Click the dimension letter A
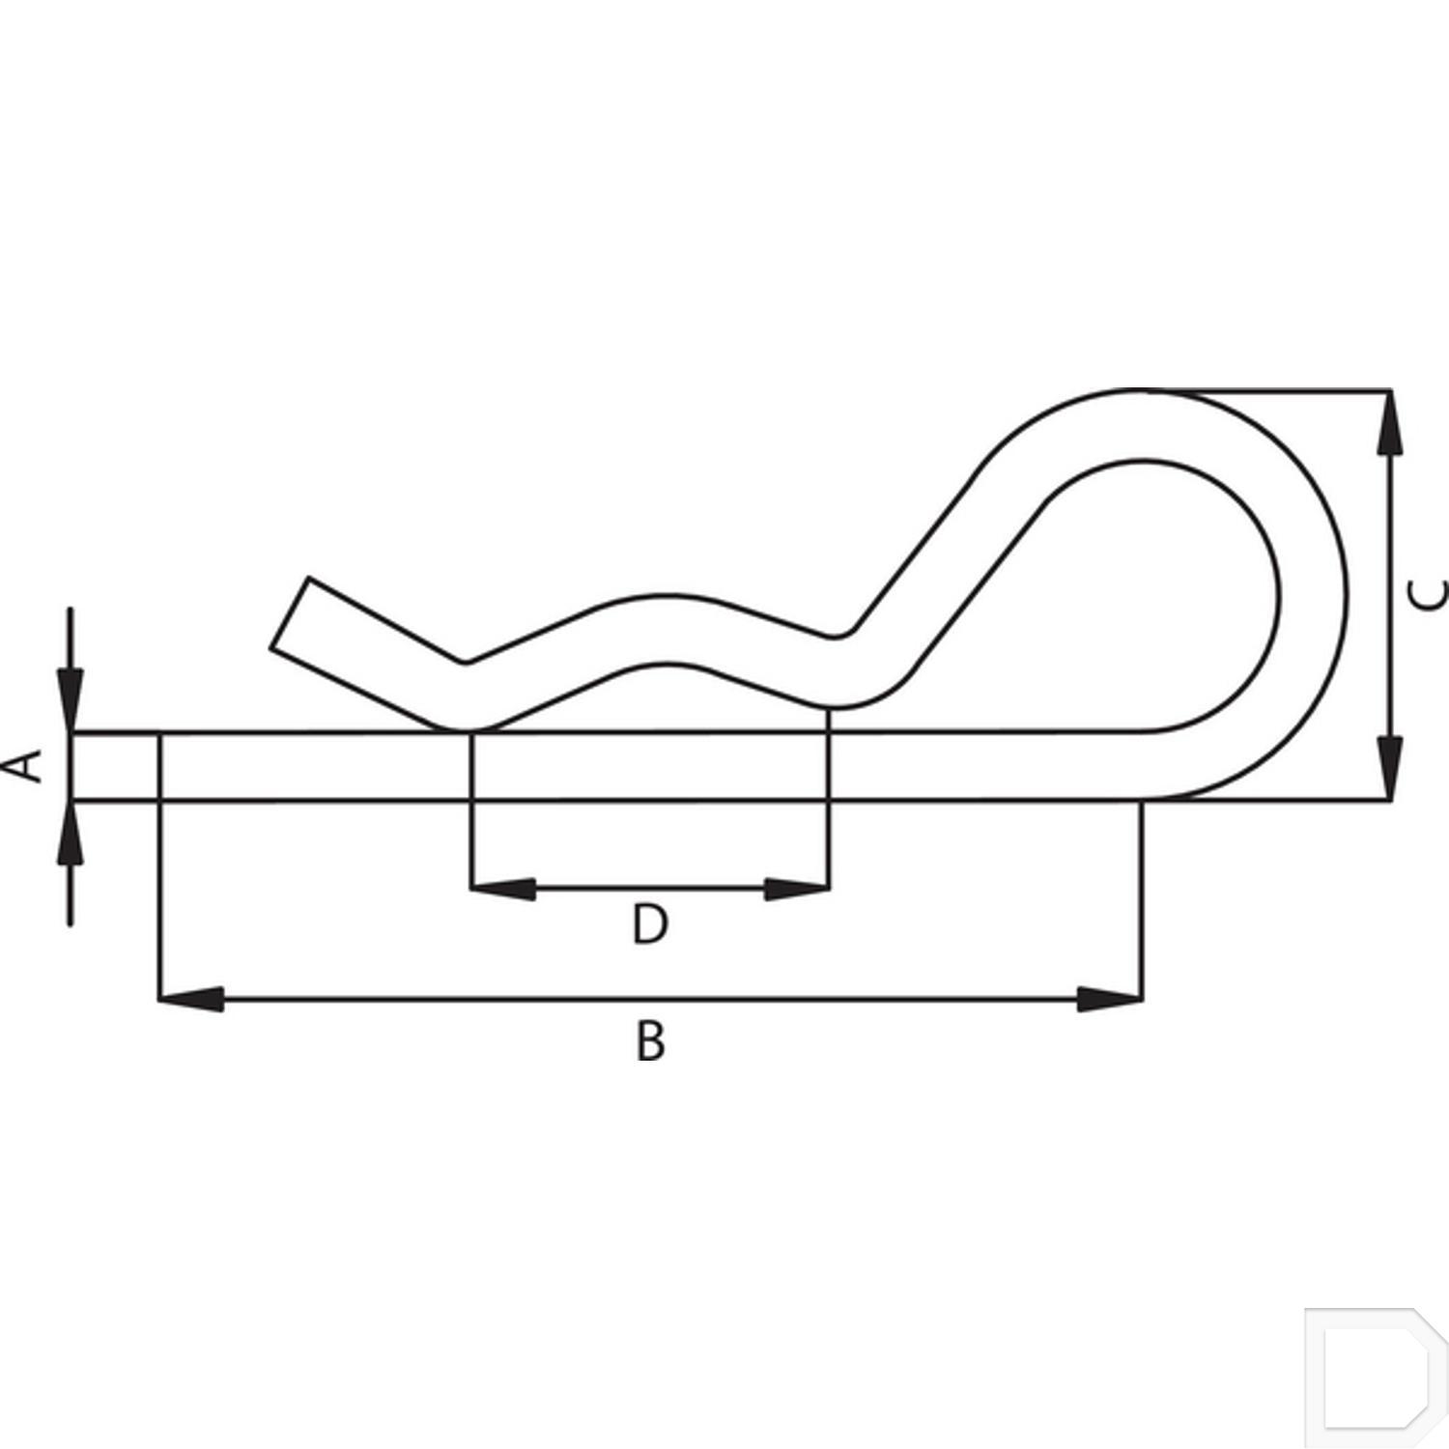(x=29, y=765)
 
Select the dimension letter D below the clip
(x=650, y=924)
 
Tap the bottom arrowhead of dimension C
(x=1389, y=768)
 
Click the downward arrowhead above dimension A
(x=70, y=700)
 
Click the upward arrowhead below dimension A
(x=70, y=831)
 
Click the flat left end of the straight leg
(x=73, y=767)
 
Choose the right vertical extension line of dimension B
(x=1142, y=898)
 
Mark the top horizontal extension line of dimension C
(x=1275, y=391)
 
